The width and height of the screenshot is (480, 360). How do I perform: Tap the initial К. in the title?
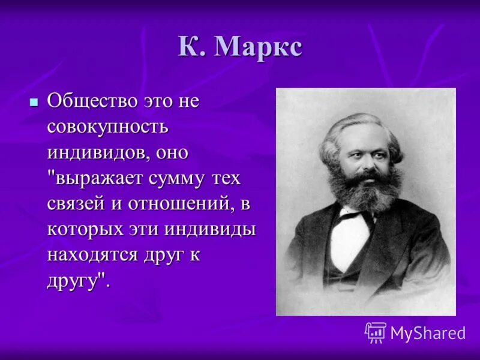coord(191,47)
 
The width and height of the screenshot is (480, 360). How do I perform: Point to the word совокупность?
coord(108,127)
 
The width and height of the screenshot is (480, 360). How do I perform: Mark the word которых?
coord(81,230)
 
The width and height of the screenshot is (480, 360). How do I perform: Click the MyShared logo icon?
coord(376,332)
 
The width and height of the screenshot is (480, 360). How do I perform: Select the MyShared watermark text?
coord(428,333)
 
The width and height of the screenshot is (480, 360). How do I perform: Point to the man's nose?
coord(367,157)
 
